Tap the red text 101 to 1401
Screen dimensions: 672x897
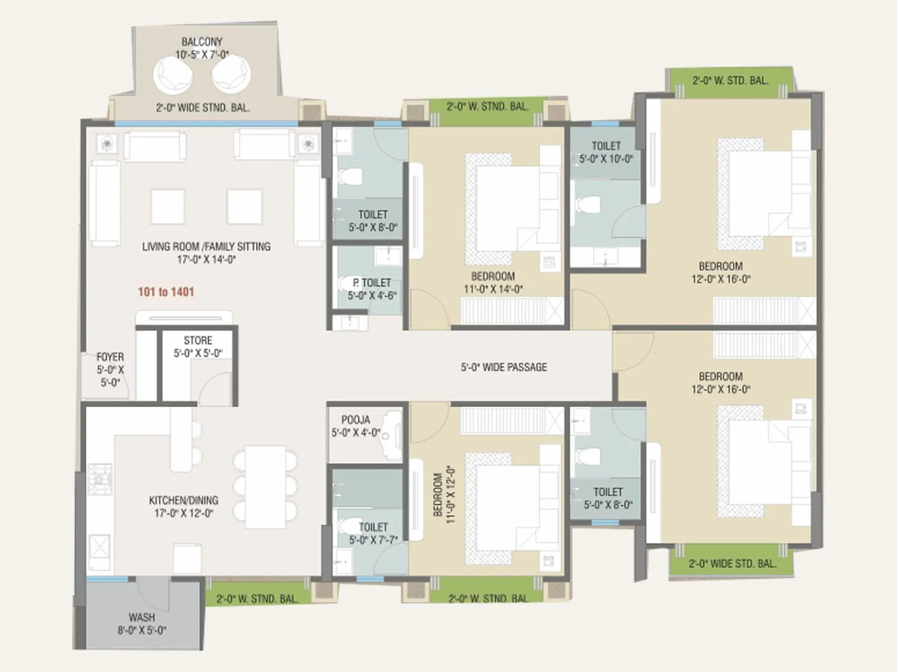[166, 292]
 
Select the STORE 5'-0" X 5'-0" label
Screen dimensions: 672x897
[198, 347]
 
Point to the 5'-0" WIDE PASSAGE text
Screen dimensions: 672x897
[503, 367]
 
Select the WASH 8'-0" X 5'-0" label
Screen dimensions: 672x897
[141, 623]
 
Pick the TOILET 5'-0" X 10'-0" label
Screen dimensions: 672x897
[606, 152]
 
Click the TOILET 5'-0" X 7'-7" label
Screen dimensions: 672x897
[373, 533]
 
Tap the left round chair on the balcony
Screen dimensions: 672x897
[173, 75]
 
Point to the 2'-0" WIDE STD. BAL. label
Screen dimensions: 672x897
[732, 564]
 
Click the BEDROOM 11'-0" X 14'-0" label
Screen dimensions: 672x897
[493, 282]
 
